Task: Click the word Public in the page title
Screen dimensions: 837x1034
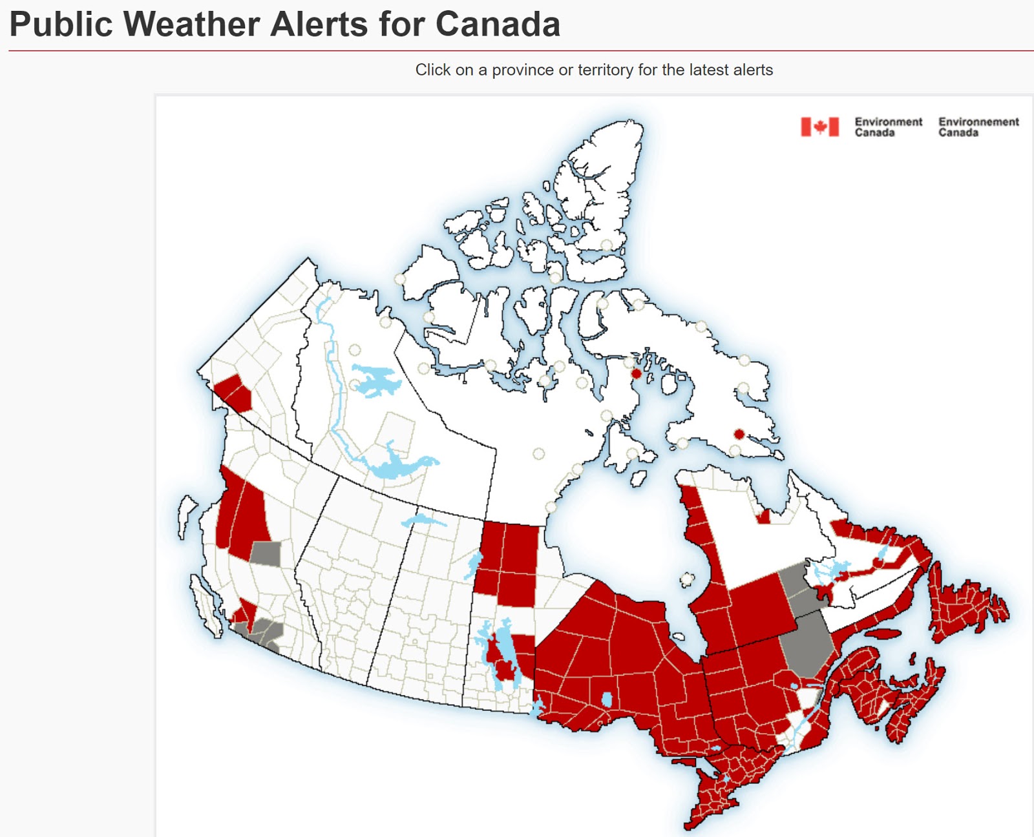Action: (x=61, y=25)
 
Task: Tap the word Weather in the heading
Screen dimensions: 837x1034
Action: (x=191, y=25)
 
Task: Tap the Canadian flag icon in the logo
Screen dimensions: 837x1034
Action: (x=819, y=127)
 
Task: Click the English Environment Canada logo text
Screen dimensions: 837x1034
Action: (x=888, y=127)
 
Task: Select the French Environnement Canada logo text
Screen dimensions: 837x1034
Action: (x=978, y=127)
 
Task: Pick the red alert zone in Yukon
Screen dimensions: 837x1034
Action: (x=234, y=391)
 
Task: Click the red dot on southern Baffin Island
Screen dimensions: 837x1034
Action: (x=739, y=434)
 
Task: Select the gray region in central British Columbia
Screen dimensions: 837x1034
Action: (x=266, y=553)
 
